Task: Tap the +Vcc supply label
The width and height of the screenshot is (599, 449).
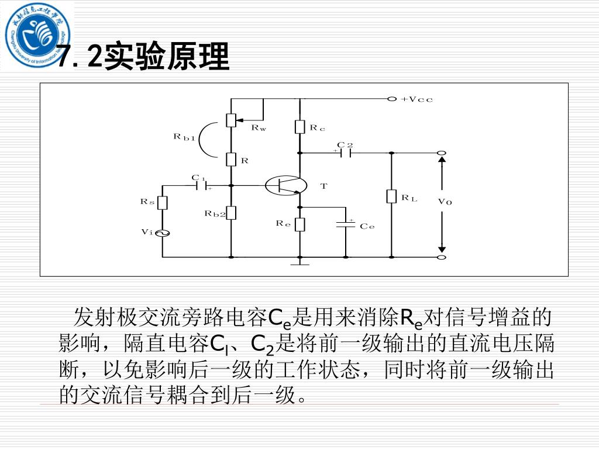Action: (x=417, y=99)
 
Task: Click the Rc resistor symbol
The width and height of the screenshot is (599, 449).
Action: (x=299, y=126)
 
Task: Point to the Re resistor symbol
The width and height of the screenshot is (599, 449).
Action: (x=299, y=224)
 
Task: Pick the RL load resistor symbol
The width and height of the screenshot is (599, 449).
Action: (x=392, y=196)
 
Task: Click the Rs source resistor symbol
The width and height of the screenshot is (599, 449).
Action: (x=163, y=202)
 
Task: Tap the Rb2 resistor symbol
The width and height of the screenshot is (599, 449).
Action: (x=232, y=213)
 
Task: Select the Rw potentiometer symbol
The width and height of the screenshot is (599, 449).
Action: (x=232, y=119)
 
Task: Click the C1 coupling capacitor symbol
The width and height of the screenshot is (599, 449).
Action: (x=203, y=185)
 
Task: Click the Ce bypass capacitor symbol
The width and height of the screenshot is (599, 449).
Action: (x=346, y=224)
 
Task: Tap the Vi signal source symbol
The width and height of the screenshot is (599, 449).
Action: (x=163, y=233)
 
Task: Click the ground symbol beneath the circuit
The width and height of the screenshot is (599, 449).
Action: (x=299, y=262)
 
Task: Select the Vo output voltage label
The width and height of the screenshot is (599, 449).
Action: (x=445, y=202)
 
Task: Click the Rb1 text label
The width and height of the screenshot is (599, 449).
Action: (x=184, y=137)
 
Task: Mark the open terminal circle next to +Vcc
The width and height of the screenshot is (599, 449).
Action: (x=393, y=99)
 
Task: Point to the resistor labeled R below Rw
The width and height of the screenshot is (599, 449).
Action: (x=232, y=159)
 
